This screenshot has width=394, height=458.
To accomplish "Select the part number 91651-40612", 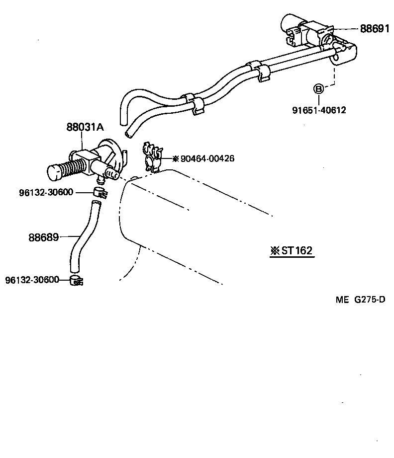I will click(319, 110).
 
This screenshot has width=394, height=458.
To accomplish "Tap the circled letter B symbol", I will click(318, 89).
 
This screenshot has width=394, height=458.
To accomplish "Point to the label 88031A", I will click(85, 127).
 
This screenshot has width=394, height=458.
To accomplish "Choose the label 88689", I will click(43, 237).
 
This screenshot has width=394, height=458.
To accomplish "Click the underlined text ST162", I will click(297, 250).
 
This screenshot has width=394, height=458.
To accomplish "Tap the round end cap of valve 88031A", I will click(54, 173).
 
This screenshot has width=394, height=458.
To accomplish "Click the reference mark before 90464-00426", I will click(175, 159).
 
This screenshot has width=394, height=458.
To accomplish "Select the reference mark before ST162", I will click(275, 251).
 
